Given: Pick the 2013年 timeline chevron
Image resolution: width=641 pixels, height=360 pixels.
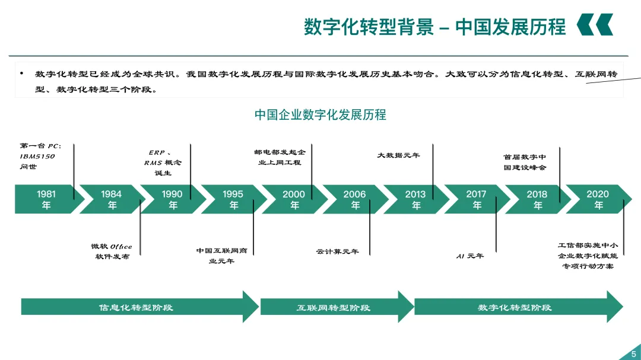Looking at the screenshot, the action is click(415, 199).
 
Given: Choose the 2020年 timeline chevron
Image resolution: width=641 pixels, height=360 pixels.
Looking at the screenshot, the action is click(598, 199).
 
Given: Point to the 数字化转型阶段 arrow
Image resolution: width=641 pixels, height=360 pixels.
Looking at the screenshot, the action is click(518, 307).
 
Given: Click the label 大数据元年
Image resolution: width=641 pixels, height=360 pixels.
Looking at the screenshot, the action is click(398, 155).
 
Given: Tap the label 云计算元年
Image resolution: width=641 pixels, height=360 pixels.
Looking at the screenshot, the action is click(337, 251).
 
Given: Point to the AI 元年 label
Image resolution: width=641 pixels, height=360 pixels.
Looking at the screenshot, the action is click(469, 256).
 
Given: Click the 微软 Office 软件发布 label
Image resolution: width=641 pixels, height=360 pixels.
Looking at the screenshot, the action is click(112, 251).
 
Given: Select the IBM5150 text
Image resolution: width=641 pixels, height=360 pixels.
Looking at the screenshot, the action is click(37, 156).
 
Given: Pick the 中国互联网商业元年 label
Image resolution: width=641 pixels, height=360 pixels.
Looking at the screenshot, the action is click(221, 256).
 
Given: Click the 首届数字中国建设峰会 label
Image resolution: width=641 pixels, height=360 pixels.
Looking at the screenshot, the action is click(525, 163).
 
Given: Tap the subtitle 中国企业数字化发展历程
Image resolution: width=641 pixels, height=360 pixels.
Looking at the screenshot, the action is click(320, 115).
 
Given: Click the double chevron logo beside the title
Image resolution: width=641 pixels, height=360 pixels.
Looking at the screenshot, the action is click(595, 24).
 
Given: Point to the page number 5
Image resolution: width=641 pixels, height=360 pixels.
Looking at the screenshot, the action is click(634, 354).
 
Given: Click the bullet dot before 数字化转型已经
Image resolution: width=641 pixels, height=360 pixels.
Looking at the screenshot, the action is click(22, 74).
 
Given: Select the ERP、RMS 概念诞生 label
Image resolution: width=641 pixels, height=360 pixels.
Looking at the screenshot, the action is click(162, 163).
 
